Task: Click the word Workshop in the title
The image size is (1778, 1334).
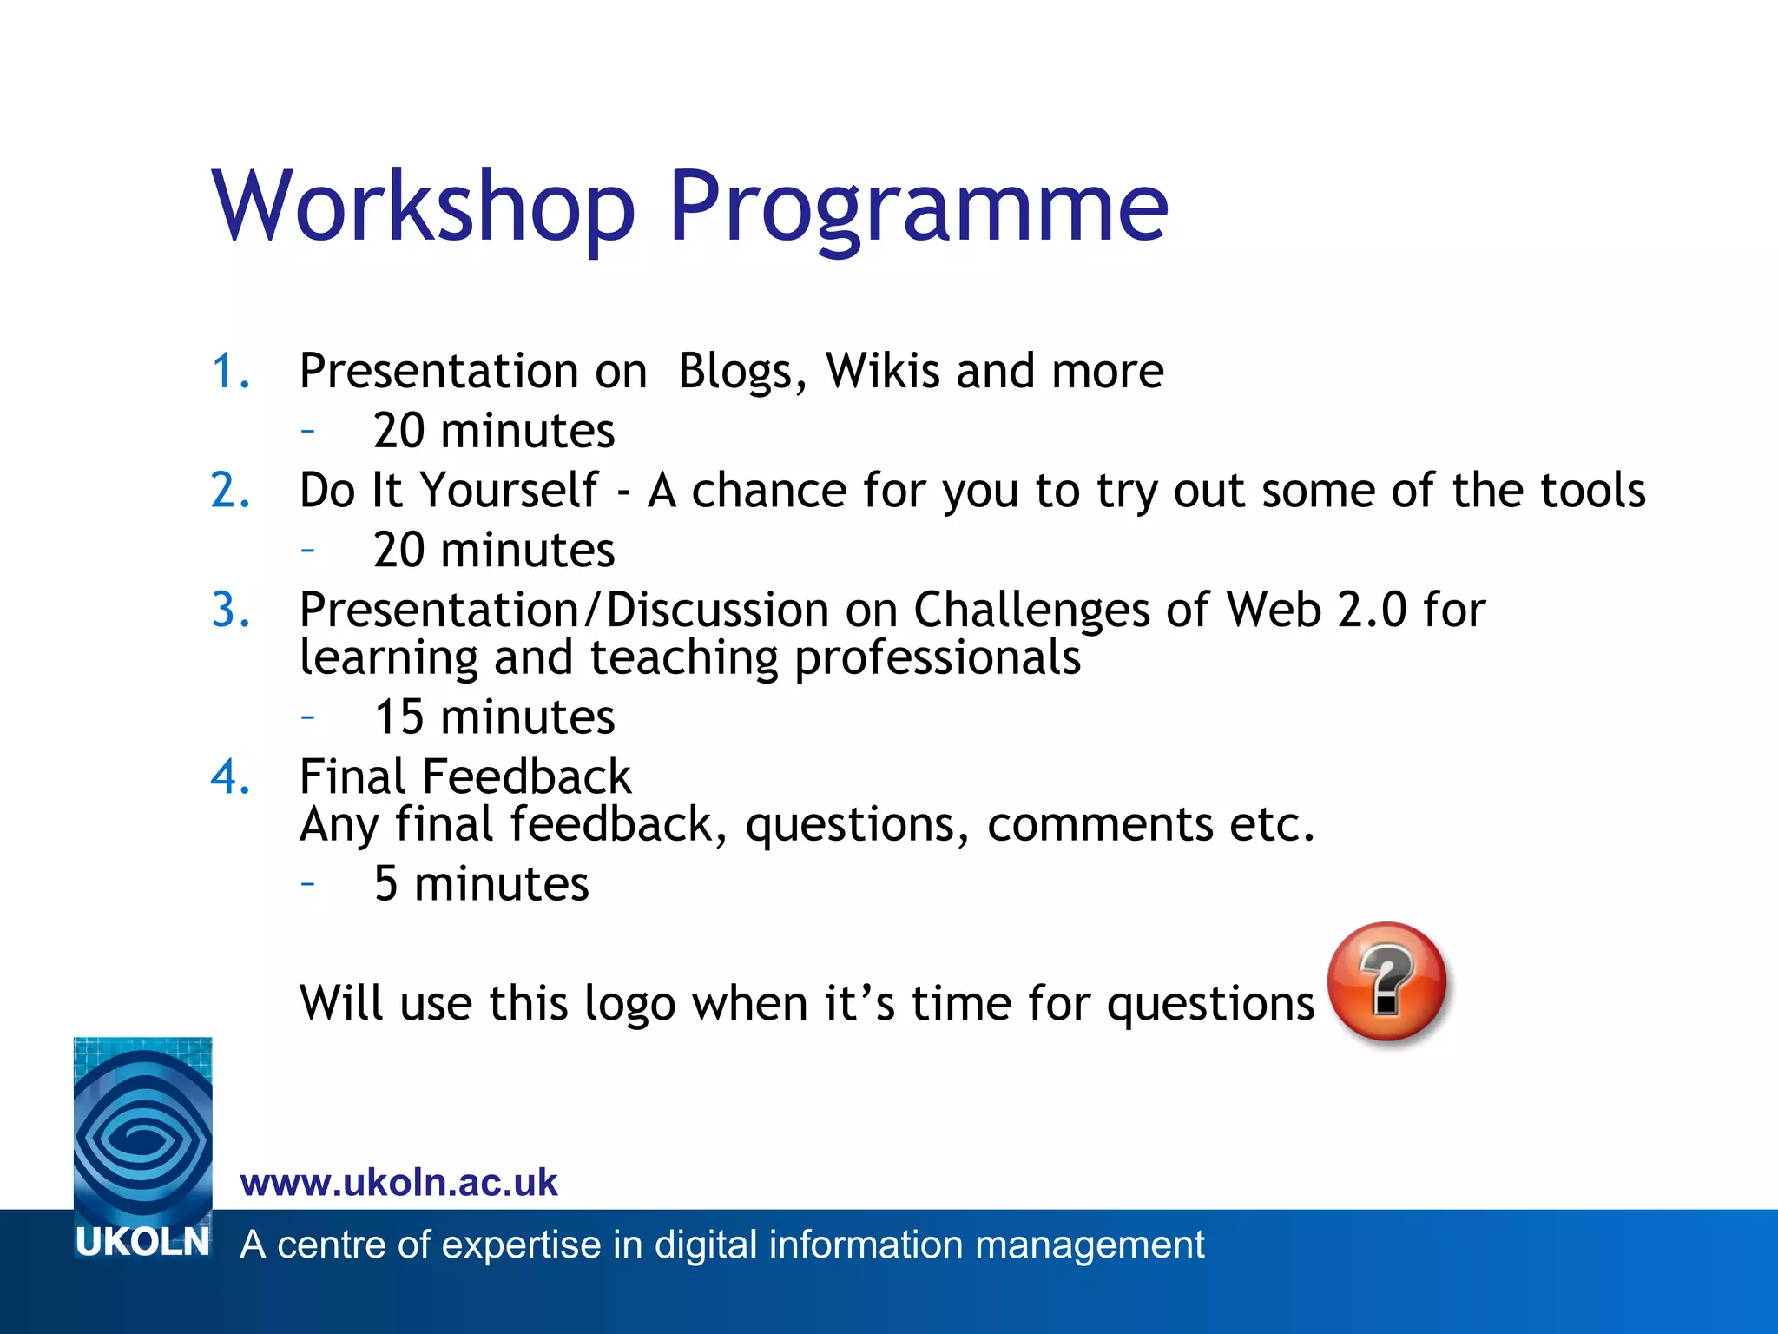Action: (424, 207)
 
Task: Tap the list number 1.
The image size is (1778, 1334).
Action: (230, 372)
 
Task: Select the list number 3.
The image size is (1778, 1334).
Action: (231, 610)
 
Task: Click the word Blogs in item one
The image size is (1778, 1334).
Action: (735, 372)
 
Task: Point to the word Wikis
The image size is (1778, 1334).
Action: (882, 372)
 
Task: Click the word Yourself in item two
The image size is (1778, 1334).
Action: (509, 491)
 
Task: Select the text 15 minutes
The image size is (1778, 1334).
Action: (494, 718)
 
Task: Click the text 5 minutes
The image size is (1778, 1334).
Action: (481, 885)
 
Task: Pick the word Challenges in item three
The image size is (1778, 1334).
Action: (1031, 610)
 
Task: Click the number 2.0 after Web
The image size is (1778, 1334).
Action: (1371, 610)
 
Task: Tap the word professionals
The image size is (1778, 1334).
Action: (938, 658)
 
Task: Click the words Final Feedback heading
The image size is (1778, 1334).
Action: (465, 776)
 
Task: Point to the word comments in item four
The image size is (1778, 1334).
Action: (1099, 824)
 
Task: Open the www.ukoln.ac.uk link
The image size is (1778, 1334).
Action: (398, 1183)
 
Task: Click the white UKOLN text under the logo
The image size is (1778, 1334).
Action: (142, 1243)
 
